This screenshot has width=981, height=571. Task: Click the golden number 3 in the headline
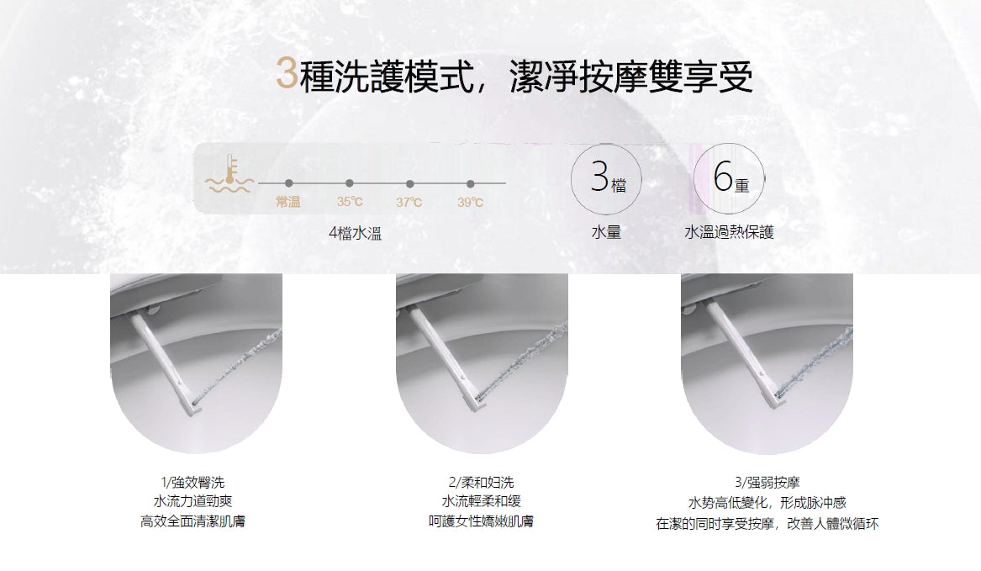tap(286, 75)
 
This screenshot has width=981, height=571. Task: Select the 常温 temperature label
tap(288, 202)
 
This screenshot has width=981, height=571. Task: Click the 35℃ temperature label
tap(350, 202)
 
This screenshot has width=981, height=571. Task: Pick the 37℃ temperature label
tap(409, 202)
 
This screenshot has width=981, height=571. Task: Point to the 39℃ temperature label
tap(470, 202)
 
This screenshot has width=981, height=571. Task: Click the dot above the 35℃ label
tap(349, 182)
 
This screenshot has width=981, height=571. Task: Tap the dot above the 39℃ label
tap(470, 182)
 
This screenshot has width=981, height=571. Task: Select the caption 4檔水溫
tap(355, 233)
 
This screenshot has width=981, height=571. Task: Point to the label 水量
tap(605, 232)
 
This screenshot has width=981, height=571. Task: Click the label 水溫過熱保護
tap(729, 232)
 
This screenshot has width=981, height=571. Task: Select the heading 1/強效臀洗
tap(193, 483)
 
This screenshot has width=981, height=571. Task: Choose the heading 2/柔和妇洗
tap(481, 483)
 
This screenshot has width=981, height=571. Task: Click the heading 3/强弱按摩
tap(767, 483)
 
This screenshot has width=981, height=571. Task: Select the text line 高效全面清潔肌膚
tap(193, 523)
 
